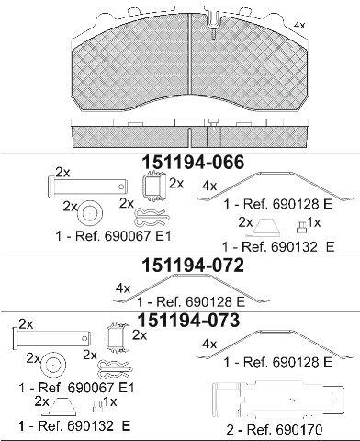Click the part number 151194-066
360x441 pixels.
pyautogui.click(x=194, y=162)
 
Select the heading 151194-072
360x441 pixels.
pyautogui.click(x=194, y=266)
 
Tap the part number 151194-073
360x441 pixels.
pyautogui.click(x=189, y=321)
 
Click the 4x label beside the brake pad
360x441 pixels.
pyautogui.click(x=299, y=26)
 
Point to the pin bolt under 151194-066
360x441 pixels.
pyautogui.click(x=88, y=185)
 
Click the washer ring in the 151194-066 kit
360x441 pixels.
pyautogui.click(x=90, y=213)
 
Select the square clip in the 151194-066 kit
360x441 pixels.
pyautogui.click(x=154, y=187)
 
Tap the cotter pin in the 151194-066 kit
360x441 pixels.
pyautogui.click(x=152, y=217)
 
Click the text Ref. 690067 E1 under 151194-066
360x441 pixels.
pyautogui.click(x=122, y=236)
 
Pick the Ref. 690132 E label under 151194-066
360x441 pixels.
pyautogui.click(x=287, y=247)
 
